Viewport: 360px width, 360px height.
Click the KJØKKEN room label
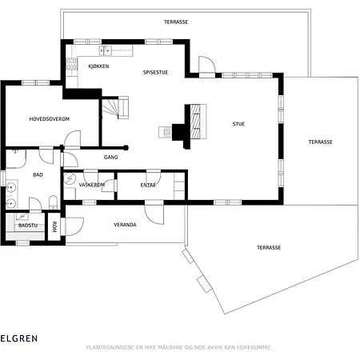pos(98,66)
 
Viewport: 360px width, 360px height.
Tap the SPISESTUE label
pos(155,72)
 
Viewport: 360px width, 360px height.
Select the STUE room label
pos(238,124)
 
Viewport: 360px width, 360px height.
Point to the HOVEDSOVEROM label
pos(50,119)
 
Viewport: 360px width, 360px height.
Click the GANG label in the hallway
pos(110,158)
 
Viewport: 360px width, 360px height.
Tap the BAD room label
pos(38,175)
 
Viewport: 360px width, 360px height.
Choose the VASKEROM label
pos(92,185)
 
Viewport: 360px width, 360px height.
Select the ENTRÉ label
pos(148,185)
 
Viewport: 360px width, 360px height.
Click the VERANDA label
pos(125,225)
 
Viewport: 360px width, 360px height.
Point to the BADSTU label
pos(28,226)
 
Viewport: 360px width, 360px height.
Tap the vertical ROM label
pos(54,227)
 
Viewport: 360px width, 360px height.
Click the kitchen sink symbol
pos(106,50)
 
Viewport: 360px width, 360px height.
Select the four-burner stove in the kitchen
pos(72,64)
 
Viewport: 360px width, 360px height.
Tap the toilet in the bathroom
pos(54,202)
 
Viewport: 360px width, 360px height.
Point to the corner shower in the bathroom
pos(16,158)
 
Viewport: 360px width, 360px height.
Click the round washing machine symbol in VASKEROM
pos(70,178)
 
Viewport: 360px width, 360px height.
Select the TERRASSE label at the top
pos(176,22)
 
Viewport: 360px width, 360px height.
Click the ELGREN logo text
pos(18,338)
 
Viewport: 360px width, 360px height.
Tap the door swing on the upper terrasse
pos(207,64)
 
